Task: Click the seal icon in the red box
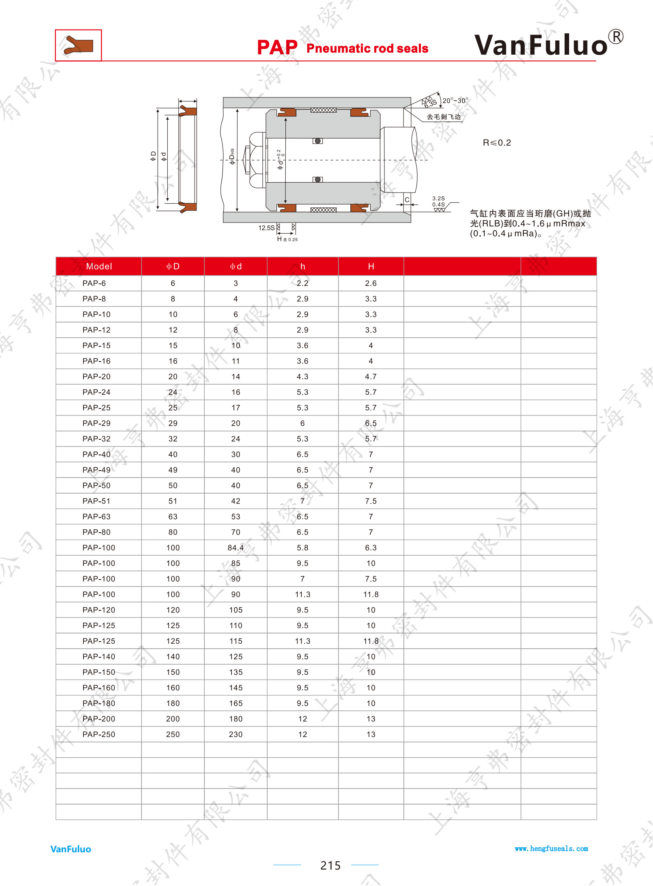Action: pos(78,45)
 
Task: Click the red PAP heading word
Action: pos(277,47)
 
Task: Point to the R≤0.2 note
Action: pos(497,143)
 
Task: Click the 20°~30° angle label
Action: pos(455,100)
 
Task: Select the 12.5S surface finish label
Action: pos(266,228)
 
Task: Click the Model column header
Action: pos(99,267)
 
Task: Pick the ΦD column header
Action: pos(173,267)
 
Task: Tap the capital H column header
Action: pos(371,267)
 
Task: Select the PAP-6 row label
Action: pos(94,283)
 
